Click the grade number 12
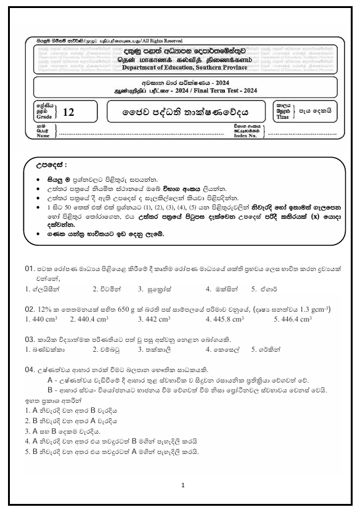tap(68, 113)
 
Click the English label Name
tap(43, 136)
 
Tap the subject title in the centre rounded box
tap(179, 112)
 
